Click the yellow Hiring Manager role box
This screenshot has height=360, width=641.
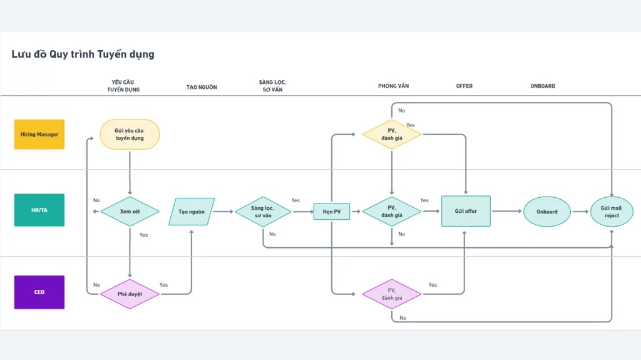pyautogui.click(x=39, y=134)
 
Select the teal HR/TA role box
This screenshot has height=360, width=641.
pyautogui.click(x=39, y=210)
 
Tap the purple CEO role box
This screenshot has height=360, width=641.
pyautogui.click(x=39, y=292)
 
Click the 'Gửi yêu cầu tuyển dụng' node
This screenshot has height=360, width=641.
pyautogui.click(x=130, y=134)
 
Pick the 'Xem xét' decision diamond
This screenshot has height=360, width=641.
pyautogui.click(x=130, y=212)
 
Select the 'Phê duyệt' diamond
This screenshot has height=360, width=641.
pyautogui.click(x=130, y=294)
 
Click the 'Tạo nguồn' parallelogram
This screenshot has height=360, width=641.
pyautogui.click(x=192, y=212)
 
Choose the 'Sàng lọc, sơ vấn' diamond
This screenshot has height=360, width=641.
pyautogui.click(x=263, y=212)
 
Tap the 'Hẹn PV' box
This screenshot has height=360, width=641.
pyautogui.click(x=332, y=212)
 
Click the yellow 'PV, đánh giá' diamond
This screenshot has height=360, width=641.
pyautogui.click(x=392, y=134)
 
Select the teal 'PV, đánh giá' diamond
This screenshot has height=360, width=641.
pyautogui.click(x=392, y=212)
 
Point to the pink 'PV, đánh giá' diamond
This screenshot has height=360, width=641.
pyautogui.click(x=392, y=294)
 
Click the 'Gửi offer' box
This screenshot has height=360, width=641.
pyautogui.click(x=466, y=211)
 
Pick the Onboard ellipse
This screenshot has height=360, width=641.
pyautogui.click(x=547, y=212)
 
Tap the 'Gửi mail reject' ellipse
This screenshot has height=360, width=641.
pyautogui.click(x=612, y=212)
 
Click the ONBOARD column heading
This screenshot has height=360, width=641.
pyautogui.click(x=543, y=86)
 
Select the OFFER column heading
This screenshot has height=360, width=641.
pyautogui.click(x=464, y=86)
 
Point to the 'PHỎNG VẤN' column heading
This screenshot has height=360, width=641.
pyautogui.click(x=393, y=86)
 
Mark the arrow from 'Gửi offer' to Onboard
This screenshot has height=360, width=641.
pyautogui.click(x=507, y=211)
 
